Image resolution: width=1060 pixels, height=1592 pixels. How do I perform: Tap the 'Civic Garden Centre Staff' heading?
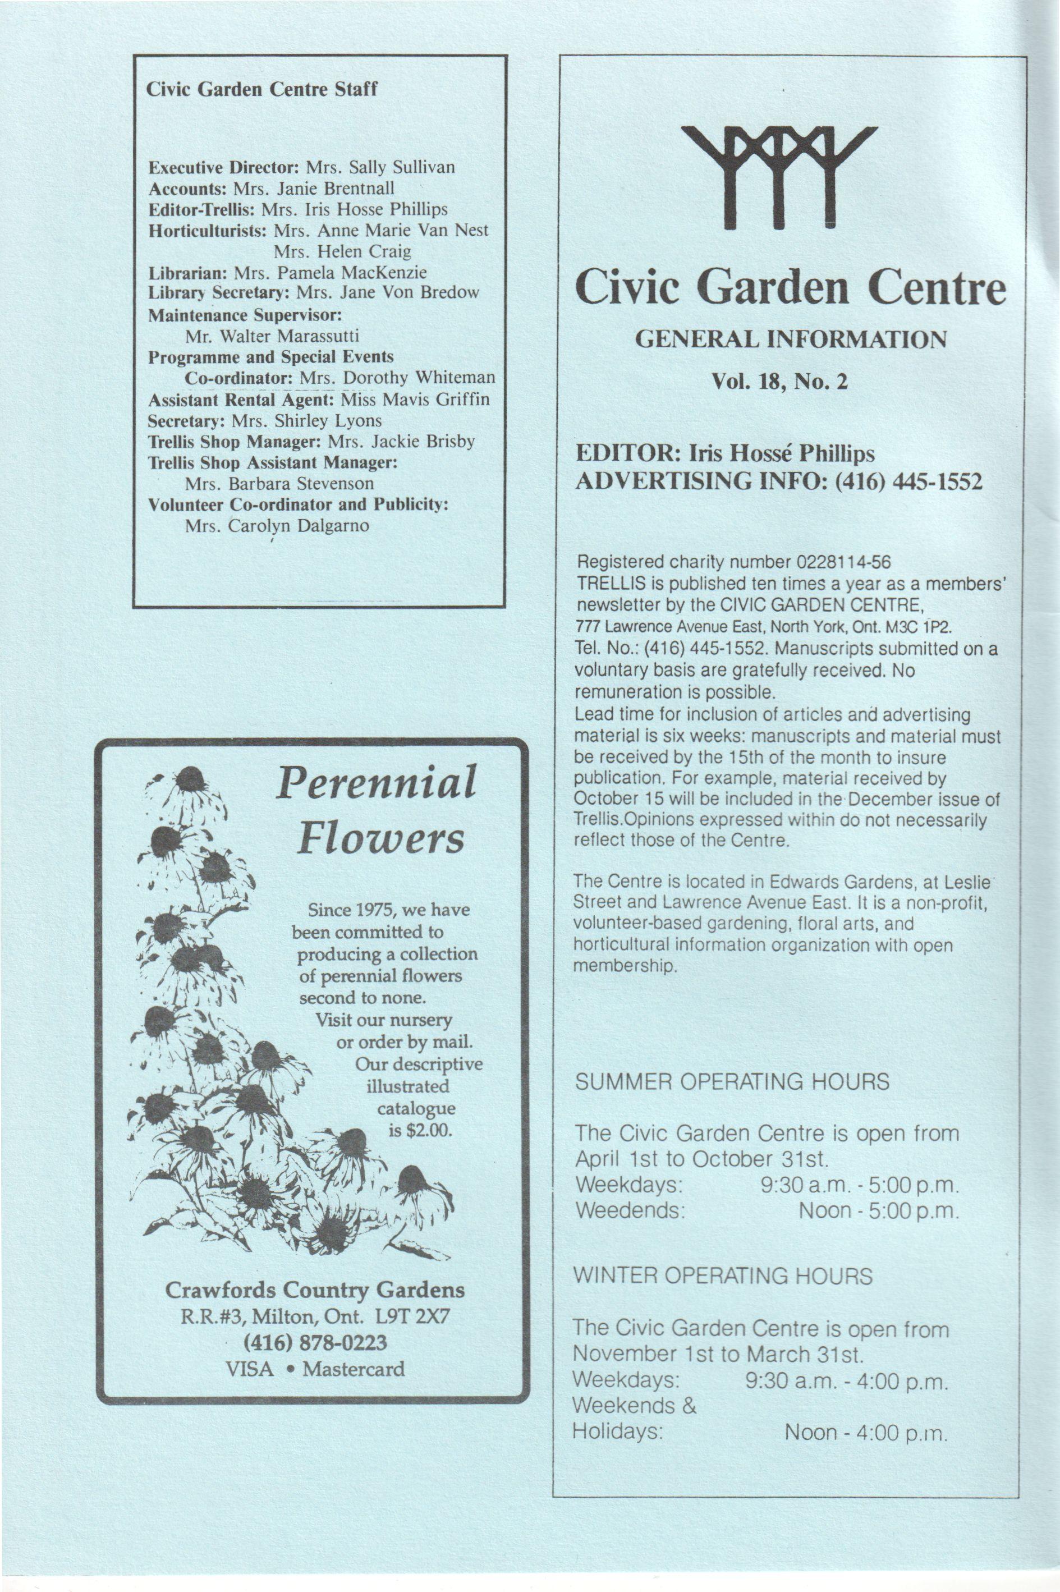click(x=261, y=89)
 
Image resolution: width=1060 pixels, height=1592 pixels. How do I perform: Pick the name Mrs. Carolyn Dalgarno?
click(x=277, y=526)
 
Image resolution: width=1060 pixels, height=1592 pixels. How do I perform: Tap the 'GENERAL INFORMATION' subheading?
click(x=790, y=339)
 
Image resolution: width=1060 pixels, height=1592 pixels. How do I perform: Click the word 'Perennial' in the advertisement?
click(x=376, y=783)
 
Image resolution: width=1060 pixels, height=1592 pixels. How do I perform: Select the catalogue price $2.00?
click(x=429, y=1130)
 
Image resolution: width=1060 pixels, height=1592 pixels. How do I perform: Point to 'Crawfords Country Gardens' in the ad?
click(x=315, y=1290)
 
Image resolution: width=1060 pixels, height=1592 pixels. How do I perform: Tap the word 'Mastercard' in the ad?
click(x=354, y=1369)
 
